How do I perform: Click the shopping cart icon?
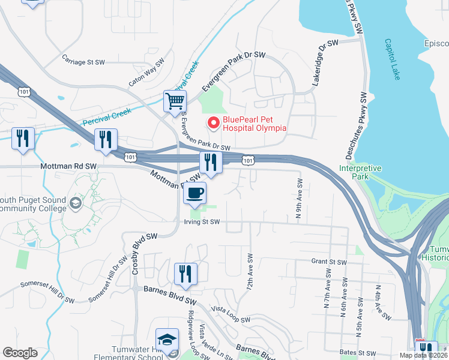(175, 101)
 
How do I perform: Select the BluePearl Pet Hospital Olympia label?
(255, 123)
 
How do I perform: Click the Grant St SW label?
(329, 262)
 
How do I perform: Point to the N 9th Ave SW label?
(299, 196)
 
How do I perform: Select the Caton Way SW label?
(146, 73)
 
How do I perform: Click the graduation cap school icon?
(167, 339)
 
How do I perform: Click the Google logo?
(20, 353)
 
